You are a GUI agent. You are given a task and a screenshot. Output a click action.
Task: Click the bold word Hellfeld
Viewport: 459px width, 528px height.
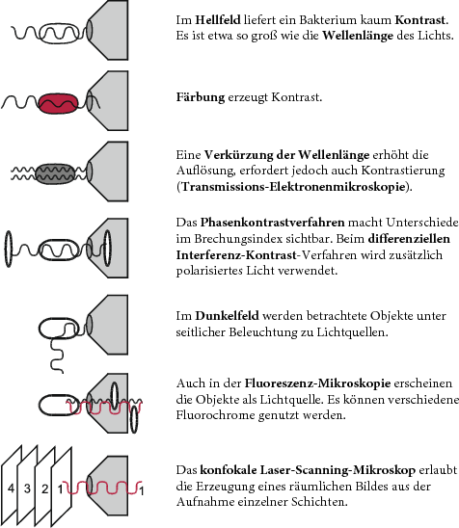pos(218,20)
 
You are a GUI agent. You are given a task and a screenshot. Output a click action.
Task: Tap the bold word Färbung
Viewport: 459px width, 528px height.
pos(201,97)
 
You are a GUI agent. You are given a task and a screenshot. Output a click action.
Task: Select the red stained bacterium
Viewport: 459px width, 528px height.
pos(58,103)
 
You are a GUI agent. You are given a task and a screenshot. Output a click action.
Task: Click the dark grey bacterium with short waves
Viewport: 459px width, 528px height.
pos(56,174)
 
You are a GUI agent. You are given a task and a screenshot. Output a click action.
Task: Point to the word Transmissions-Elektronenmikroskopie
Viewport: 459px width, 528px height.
pos(293,186)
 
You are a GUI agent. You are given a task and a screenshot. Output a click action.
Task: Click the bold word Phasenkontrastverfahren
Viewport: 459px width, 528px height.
pos(272,223)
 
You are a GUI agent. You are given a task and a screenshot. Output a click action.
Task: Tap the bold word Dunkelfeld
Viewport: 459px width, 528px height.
pos(228,316)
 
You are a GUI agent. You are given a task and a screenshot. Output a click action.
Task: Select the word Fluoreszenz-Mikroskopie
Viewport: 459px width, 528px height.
pos(317,383)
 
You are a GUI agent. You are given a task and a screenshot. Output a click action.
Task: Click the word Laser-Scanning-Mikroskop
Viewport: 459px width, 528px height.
pos(338,470)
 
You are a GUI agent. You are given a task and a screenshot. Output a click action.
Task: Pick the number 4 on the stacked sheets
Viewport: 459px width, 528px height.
pos(12,488)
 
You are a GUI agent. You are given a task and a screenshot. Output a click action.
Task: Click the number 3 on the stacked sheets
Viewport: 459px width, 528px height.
pos(27,488)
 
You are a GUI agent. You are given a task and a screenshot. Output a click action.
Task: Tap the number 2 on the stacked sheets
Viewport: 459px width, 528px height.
pos(44,488)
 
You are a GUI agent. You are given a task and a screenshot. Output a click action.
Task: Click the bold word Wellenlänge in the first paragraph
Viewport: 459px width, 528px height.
pos(358,36)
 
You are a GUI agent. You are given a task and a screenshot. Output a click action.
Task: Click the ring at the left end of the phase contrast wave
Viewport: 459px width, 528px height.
pos(9,249)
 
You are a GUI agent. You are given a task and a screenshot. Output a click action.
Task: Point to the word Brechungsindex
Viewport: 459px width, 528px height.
pos(238,239)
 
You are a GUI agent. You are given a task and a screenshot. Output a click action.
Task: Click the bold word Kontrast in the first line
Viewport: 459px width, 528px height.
pos(421,20)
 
